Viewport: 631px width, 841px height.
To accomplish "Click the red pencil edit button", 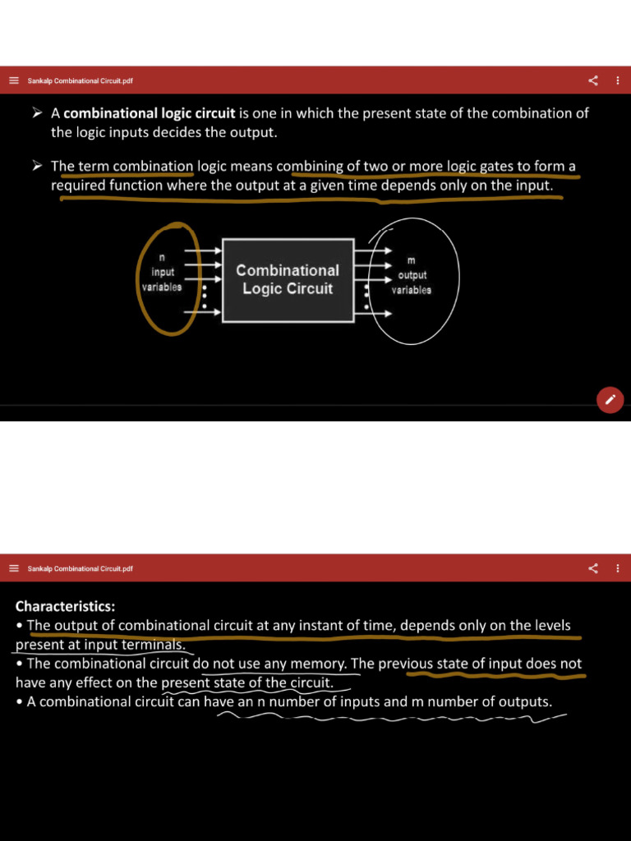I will coord(610,400).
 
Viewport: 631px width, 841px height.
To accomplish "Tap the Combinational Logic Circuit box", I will coord(288,279).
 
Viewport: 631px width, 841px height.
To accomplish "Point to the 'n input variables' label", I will coord(162,273).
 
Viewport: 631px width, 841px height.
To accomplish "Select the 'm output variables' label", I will coord(411,276).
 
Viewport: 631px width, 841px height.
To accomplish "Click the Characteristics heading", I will coord(65,607).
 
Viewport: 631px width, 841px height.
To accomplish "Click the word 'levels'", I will coord(549,626).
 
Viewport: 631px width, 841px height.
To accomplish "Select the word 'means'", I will coord(253,167).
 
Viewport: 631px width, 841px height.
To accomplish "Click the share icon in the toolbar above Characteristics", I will coord(593,568).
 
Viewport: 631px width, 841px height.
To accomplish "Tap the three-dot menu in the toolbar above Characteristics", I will coord(618,568).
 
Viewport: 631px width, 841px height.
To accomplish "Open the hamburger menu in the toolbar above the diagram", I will coord(14,80).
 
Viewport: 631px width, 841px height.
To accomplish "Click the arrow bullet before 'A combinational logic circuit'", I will coord(37,113).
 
